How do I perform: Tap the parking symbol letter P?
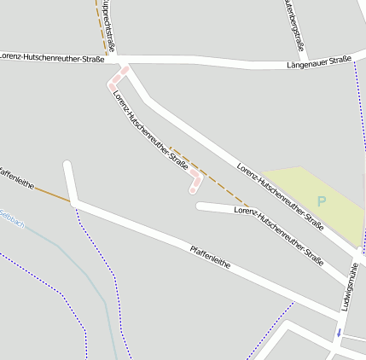pyautogui.click(x=322, y=201)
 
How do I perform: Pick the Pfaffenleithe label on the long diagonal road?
pyautogui.click(x=210, y=257)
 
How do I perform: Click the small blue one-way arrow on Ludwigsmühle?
pyautogui.click(x=339, y=332)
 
